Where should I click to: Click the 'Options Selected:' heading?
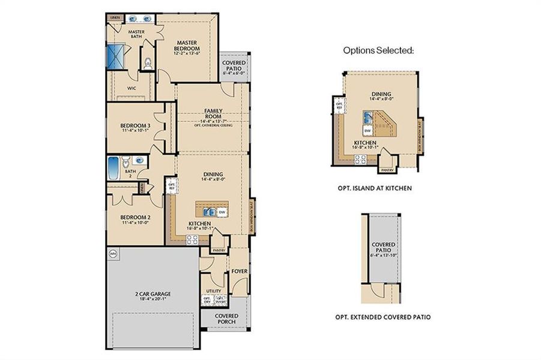(x=378, y=50)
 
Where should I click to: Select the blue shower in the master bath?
(x=114, y=58)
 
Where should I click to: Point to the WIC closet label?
(x=131, y=88)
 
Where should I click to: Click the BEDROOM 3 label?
(x=136, y=125)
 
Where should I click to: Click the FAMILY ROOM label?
(x=214, y=114)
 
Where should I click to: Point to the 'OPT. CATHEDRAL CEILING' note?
(x=214, y=127)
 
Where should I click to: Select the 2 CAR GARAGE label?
(x=153, y=293)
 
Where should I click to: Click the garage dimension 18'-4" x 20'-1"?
(x=153, y=299)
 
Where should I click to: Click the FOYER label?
(x=240, y=272)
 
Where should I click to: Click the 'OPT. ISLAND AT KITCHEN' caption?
(x=375, y=188)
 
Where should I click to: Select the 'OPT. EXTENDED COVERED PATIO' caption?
(x=382, y=317)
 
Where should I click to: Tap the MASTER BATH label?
(x=137, y=34)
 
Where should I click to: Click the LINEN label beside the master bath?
(x=114, y=18)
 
